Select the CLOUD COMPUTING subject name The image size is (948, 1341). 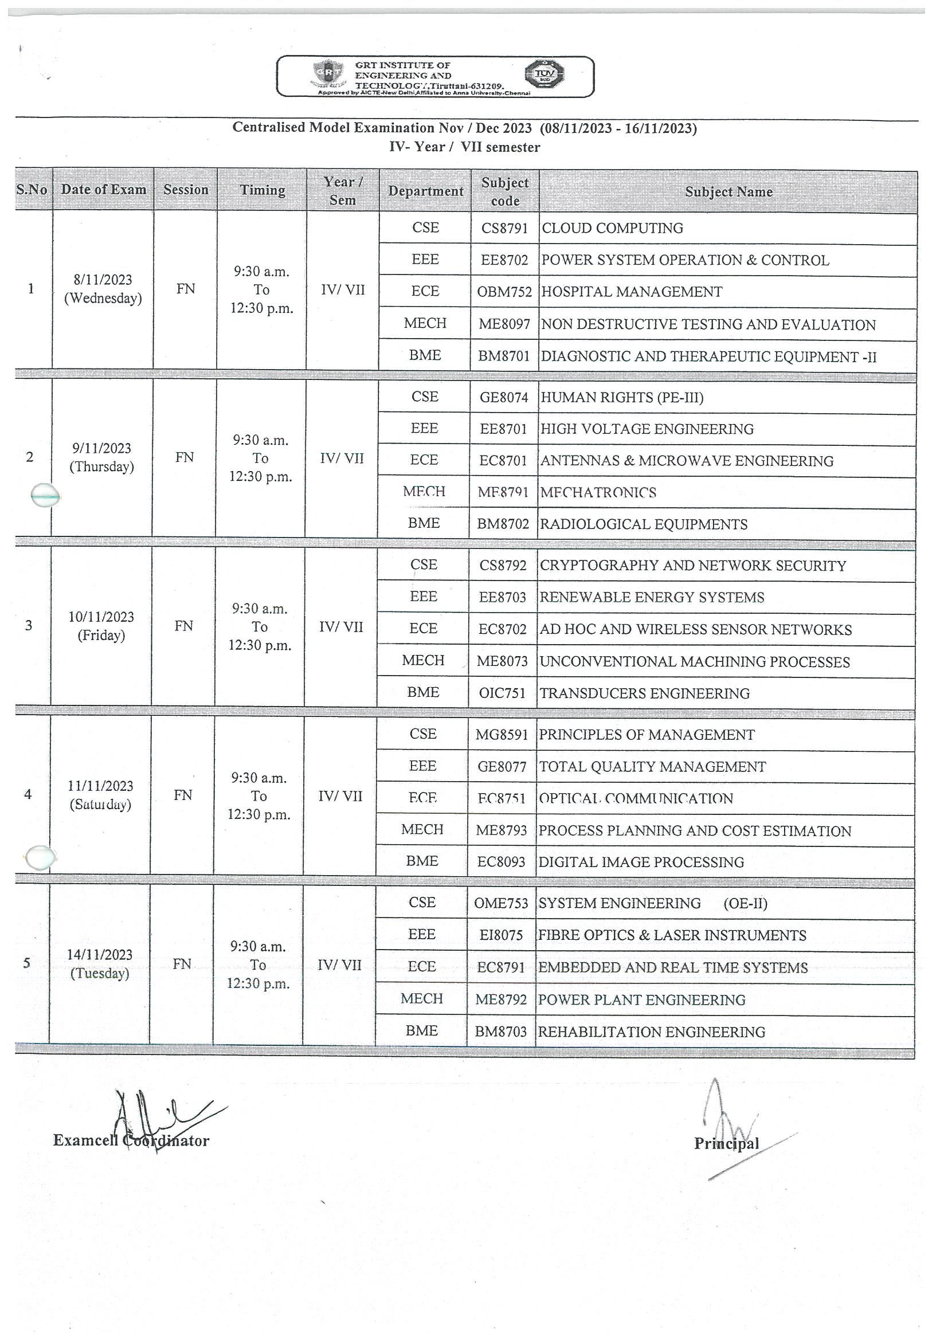click(612, 228)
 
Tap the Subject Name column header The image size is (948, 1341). click(728, 191)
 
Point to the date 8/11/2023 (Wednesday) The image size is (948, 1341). click(103, 289)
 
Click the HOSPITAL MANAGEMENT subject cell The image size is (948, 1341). click(632, 292)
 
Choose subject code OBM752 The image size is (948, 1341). click(504, 292)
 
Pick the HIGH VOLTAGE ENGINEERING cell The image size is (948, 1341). click(647, 429)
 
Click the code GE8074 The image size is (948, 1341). click(503, 398)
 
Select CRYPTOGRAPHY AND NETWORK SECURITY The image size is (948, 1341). click(693, 566)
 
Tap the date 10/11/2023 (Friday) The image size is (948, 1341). click(101, 626)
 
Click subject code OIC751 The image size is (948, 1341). click(502, 693)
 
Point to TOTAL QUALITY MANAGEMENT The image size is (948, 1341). click(652, 767)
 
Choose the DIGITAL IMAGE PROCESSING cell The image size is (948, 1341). click(641, 862)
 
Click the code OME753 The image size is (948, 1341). click(500, 904)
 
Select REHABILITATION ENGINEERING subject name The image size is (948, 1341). click(651, 1032)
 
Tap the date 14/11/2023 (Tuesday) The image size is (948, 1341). click(100, 964)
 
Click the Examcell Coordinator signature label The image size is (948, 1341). click(131, 1140)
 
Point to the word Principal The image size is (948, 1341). click(726, 1144)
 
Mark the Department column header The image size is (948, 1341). click(425, 191)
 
